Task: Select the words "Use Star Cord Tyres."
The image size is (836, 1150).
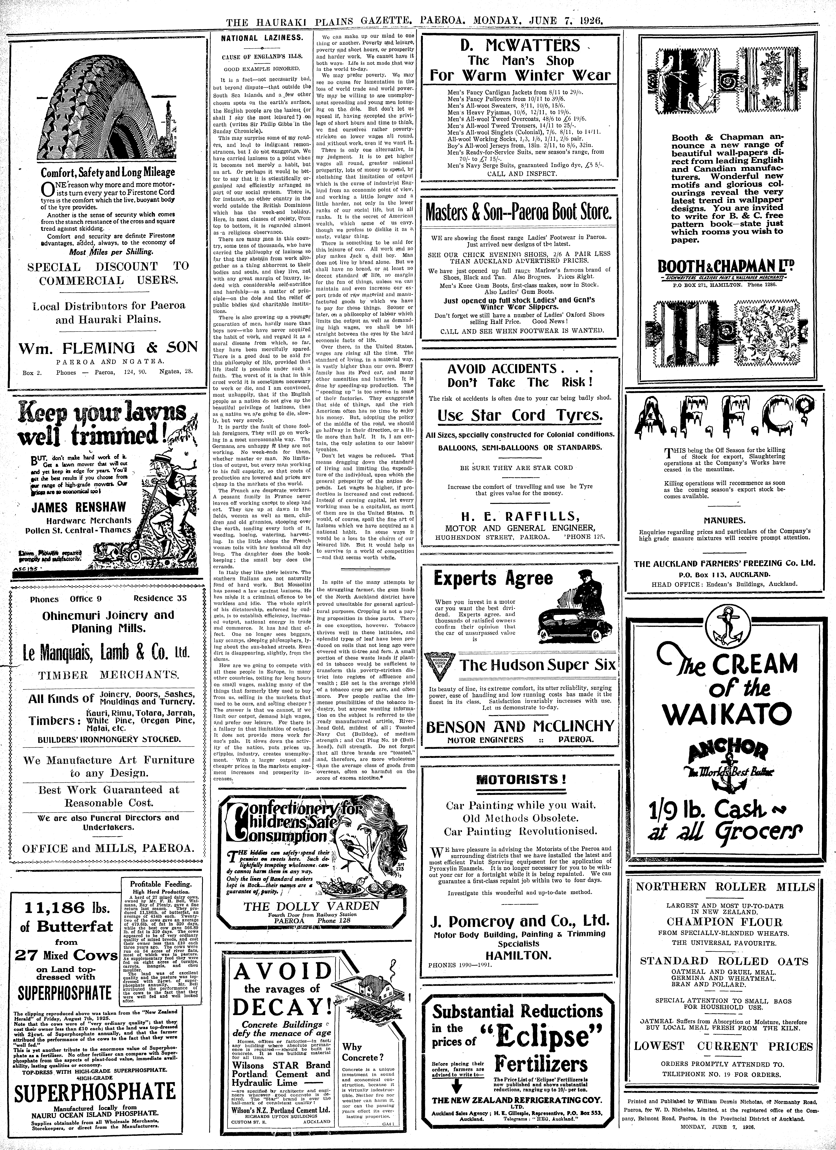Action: (520, 415)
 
